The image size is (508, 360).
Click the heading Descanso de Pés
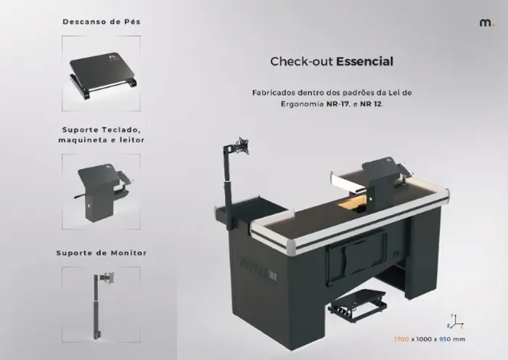tap(102, 22)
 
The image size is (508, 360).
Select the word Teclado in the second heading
tap(121, 130)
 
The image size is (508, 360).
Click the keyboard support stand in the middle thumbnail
tap(102, 192)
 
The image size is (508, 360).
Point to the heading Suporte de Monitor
tap(102, 253)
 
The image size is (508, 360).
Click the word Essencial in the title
tap(365, 61)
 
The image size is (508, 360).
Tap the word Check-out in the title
tap(302, 61)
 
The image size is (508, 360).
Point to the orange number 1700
tap(401, 339)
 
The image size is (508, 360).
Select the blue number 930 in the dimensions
tap(445, 339)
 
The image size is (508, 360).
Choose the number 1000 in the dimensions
tap(424, 339)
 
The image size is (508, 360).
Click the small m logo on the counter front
tap(397, 253)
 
